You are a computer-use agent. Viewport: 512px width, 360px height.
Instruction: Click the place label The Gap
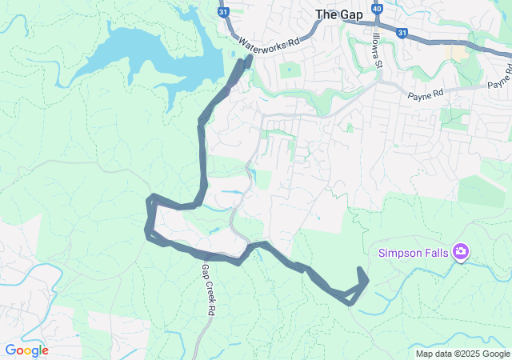(338, 14)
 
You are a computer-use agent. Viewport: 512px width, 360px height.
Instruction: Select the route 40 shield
(377, 10)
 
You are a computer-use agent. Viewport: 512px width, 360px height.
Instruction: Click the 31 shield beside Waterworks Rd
(224, 12)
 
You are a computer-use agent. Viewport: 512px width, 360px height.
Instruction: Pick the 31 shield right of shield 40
(402, 33)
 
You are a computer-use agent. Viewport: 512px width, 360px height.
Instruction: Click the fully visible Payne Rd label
(425, 95)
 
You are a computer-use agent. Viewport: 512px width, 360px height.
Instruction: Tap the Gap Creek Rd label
(210, 288)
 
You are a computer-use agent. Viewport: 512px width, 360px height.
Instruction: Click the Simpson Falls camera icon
(460, 253)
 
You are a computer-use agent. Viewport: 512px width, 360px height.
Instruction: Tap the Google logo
(26, 350)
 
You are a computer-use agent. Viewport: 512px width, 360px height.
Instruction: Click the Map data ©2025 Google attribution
(462, 354)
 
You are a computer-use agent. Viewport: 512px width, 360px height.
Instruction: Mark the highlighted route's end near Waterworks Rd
(248, 58)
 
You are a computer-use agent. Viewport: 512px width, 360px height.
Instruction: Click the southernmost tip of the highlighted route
(349, 302)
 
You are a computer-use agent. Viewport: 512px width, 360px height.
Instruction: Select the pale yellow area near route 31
(458, 52)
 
